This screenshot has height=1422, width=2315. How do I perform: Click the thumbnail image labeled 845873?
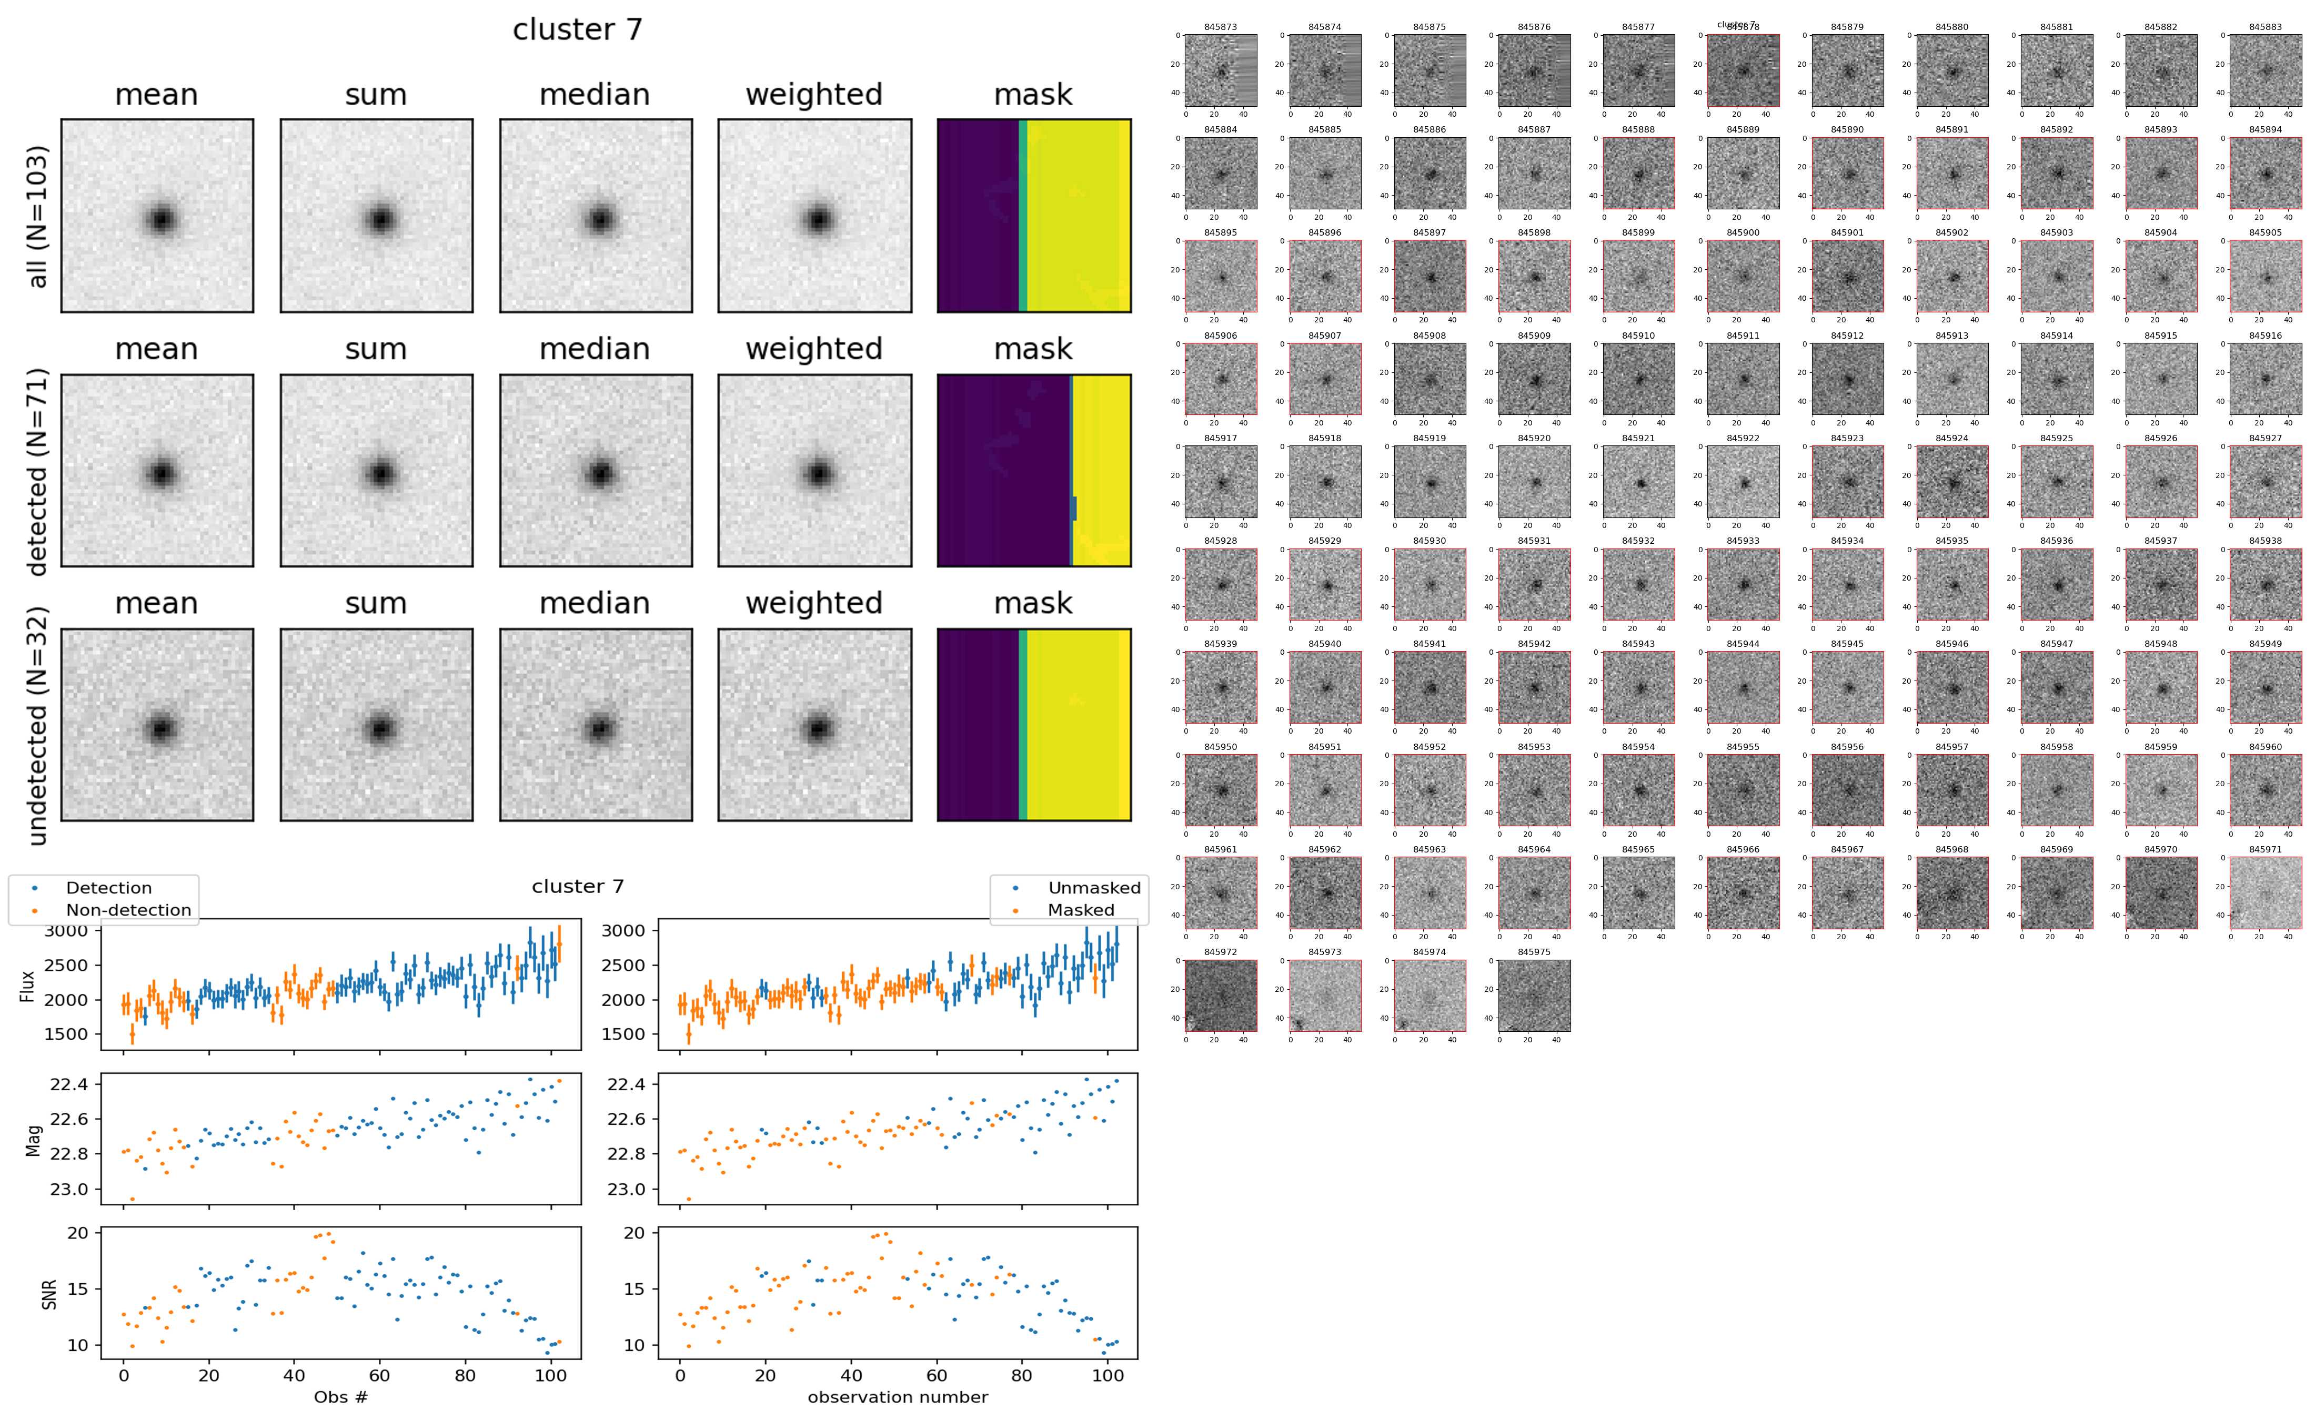point(1220,70)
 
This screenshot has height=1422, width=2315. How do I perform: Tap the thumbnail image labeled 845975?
point(1533,995)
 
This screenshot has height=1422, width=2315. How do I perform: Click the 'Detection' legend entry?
point(108,888)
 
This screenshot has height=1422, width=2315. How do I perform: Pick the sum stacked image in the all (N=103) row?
point(376,216)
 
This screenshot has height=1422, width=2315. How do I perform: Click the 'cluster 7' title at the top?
point(577,30)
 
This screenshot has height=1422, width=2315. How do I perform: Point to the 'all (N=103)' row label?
point(38,216)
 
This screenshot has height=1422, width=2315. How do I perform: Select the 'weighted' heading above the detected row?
point(814,349)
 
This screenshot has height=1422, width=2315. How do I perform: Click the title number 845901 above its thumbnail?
point(1847,232)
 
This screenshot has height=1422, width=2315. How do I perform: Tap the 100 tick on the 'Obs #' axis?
point(550,1376)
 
